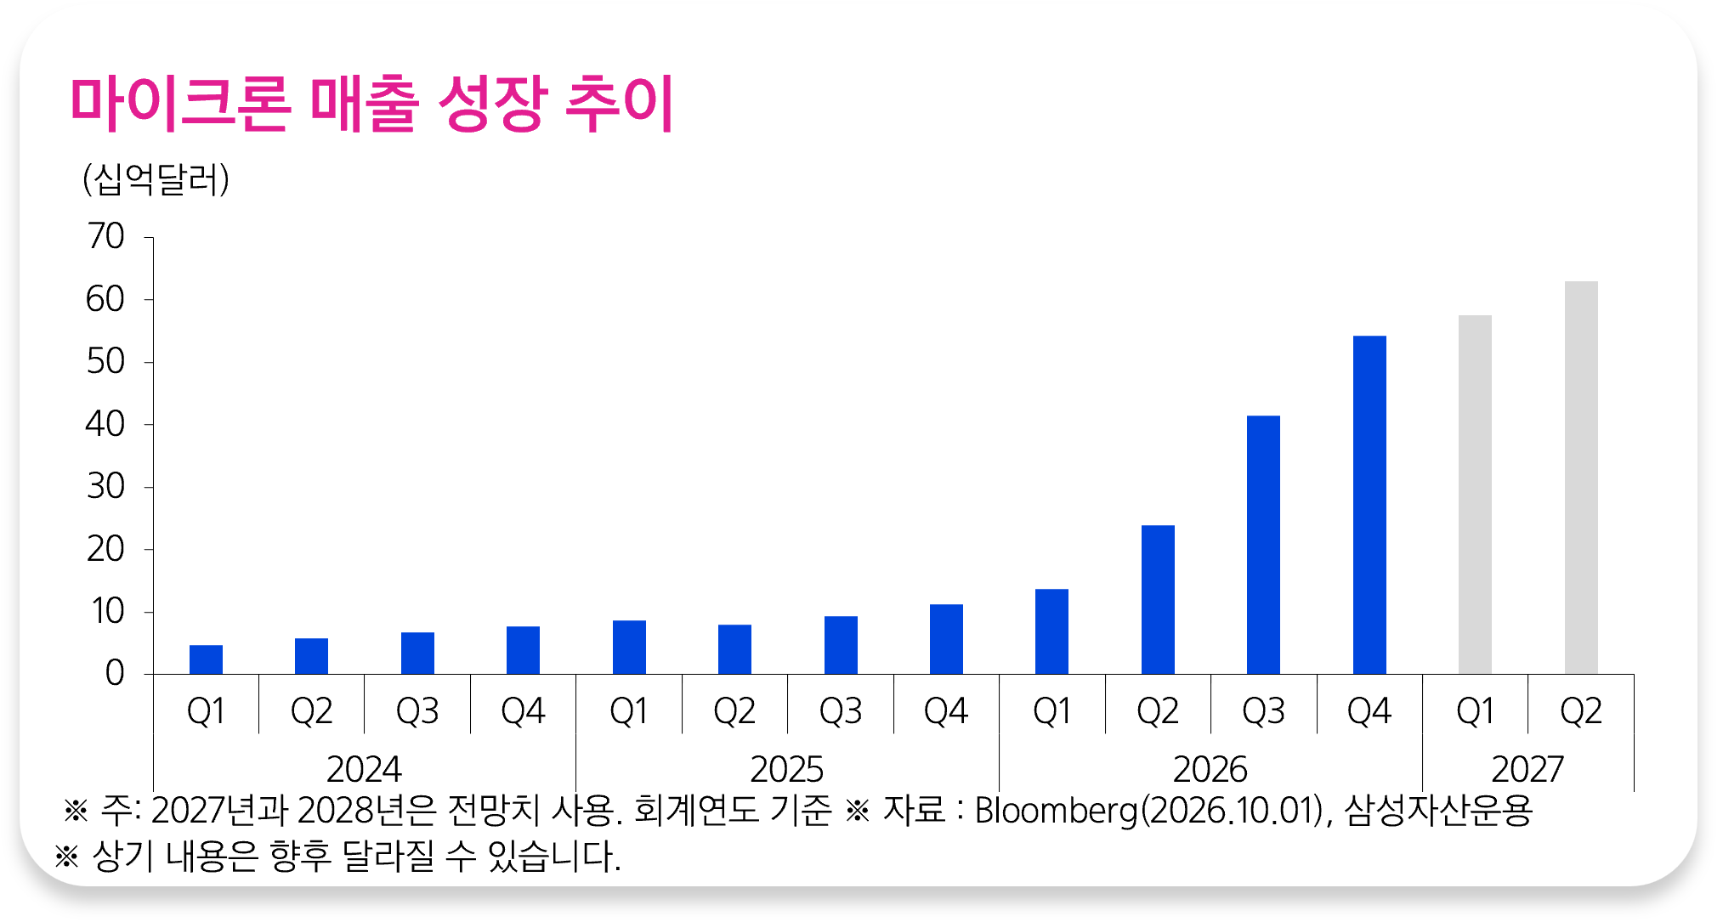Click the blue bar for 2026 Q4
click(1369, 505)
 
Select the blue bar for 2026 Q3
click(1263, 545)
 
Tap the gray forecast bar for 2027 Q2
click(1581, 478)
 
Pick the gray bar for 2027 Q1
click(1475, 495)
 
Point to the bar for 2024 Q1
click(206, 659)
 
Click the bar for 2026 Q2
click(1158, 600)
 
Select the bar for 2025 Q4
click(946, 639)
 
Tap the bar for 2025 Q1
click(629, 648)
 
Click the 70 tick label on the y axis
click(105, 236)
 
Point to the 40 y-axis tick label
click(105, 424)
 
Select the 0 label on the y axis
click(115, 674)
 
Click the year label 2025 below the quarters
click(786, 770)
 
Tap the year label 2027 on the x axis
click(1527, 770)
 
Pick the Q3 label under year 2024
click(417, 711)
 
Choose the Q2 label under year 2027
click(1581, 711)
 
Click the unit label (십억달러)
click(156, 179)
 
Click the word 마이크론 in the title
click(181, 104)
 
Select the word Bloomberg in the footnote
click(1056, 810)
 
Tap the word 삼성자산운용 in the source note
click(1438, 810)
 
